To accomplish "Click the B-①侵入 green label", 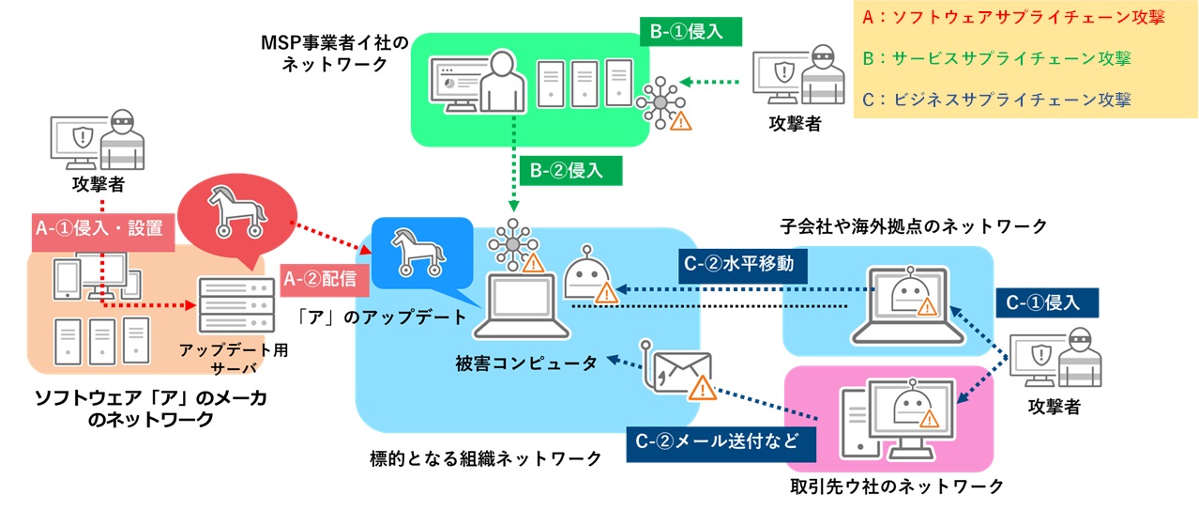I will coord(690,31).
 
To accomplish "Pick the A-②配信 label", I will coord(318,279).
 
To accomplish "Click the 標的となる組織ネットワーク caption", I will coord(486,458).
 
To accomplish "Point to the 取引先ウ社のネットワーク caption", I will coord(897,486).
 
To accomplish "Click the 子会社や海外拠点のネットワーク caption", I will coord(913,226).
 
